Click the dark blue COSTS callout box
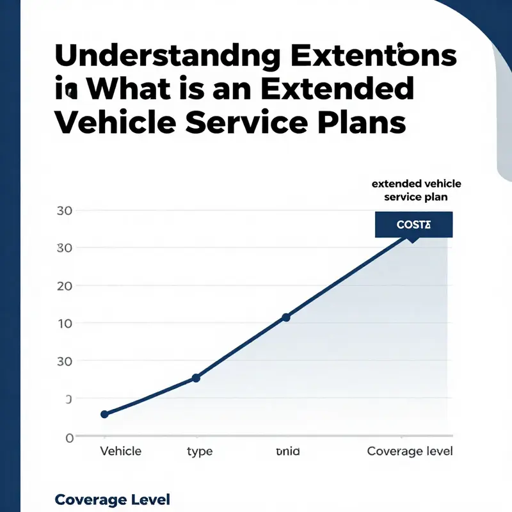tap(413, 225)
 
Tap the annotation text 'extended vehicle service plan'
tap(416, 191)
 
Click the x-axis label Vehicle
tap(121, 451)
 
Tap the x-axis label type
tap(200, 451)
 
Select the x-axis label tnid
tap(287, 451)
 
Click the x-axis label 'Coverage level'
tap(410, 451)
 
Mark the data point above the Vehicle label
tap(105, 414)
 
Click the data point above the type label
tap(196, 378)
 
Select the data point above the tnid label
tap(286, 317)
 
